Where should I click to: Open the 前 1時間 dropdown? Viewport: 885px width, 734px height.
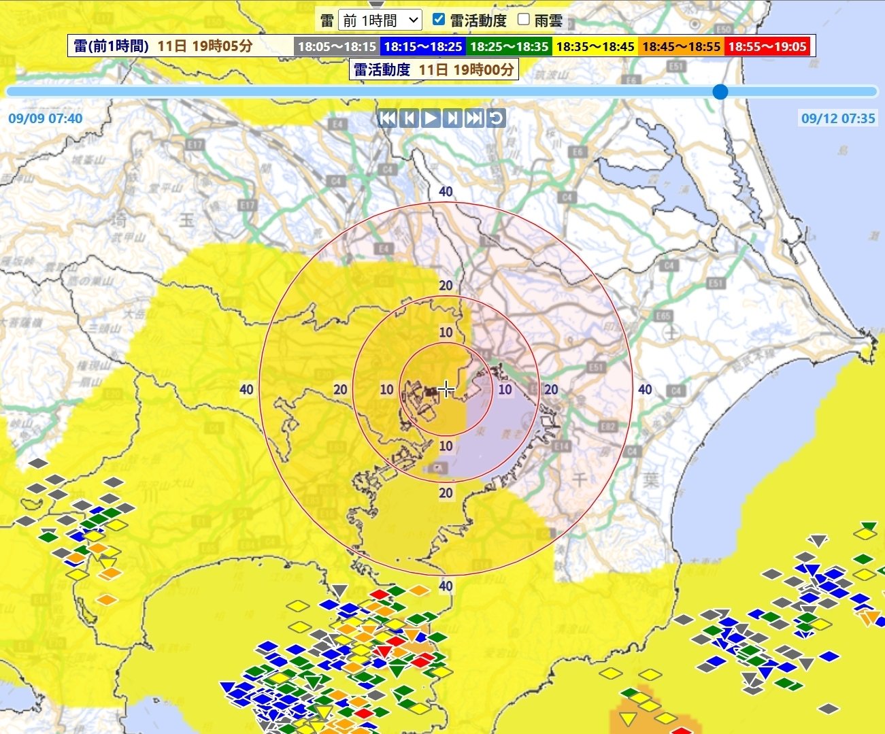tap(380, 20)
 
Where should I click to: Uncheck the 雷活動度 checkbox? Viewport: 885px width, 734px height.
tap(439, 19)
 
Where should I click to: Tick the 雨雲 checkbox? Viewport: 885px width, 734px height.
tap(523, 19)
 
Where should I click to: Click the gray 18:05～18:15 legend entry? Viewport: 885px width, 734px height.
tap(337, 46)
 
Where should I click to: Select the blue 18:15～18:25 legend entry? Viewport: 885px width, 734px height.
tap(422, 46)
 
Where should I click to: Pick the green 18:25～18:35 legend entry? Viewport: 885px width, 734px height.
tap(509, 46)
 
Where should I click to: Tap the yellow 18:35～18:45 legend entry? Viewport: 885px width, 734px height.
tap(595, 46)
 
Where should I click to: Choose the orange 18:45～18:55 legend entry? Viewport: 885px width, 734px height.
tap(681, 46)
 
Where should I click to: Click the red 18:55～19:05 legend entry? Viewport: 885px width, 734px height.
tap(767, 46)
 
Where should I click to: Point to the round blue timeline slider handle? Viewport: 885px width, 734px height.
tap(720, 91)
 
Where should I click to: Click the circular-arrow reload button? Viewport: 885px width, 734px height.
tap(497, 118)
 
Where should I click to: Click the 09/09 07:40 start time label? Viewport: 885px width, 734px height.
tap(46, 118)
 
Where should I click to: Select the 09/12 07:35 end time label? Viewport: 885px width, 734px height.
tap(838, 118)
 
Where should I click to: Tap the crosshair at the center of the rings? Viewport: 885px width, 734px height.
tap(446, 389)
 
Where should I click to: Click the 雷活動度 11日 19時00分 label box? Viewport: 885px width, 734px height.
tap(433, 69)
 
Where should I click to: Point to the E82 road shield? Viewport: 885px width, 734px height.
tap(608, 427)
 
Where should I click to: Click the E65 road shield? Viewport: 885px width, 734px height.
tap(663, 316)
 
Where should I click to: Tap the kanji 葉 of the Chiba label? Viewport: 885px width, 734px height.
tap(651, 480)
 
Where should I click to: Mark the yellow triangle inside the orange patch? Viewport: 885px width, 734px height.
tap(629, 719)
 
